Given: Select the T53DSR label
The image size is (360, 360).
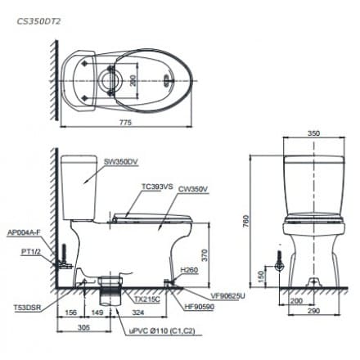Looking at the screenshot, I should [25, 308].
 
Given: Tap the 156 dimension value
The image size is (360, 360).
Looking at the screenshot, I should [70, 312].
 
